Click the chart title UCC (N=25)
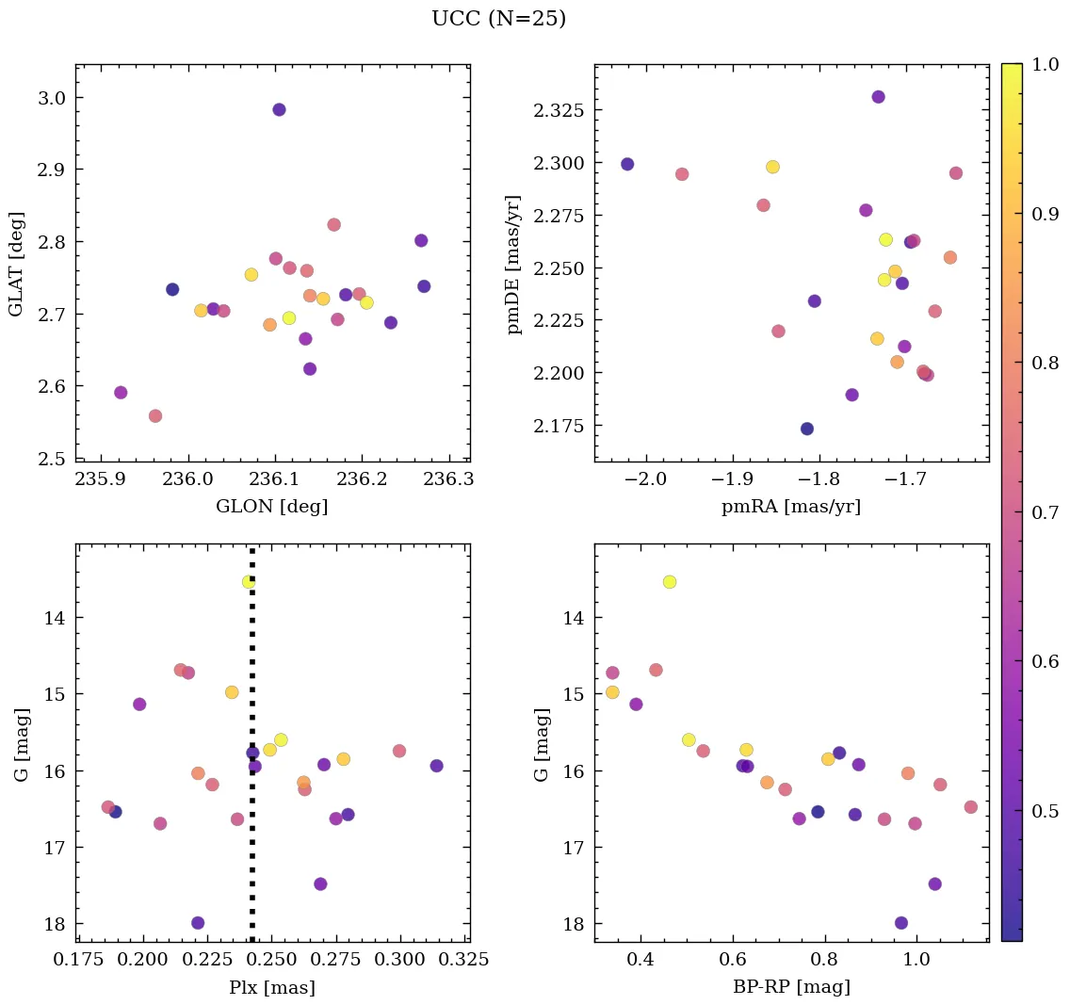(498, 19)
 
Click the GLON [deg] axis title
(272, 507)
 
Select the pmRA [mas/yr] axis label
(791, 507)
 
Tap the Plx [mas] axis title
(272, 988)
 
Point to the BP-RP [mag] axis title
(791, 987)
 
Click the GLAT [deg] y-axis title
(16, 264)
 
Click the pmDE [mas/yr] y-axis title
(513, 264)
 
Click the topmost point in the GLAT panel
(279, 109)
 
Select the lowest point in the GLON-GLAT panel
(155, 415)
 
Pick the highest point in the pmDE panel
(878, 97)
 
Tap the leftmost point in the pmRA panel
(627, 164)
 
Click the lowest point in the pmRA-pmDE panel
(807, 429)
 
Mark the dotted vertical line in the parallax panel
(251, 754)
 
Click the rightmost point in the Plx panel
(436, 766)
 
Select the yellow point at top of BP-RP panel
(670, 581)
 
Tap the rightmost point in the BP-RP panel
(971, 807)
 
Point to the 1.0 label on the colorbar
(1045, 63)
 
